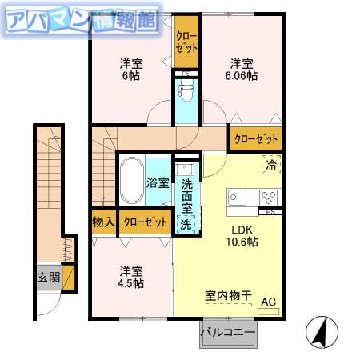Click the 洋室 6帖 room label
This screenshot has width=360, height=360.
pyautogui.click(x=131, y=69)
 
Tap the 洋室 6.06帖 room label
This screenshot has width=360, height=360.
pyautogui.click(x=242, y=69)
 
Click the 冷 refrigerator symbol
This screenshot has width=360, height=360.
pyautogui.click(x=271, y=166)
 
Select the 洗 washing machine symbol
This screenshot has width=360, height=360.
pyautogui.click(x=186, y=225)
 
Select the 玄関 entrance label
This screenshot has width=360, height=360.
pyautogui.click(x=47, y=278)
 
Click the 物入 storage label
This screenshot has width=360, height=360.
pyautogui.click(x=103, y=222)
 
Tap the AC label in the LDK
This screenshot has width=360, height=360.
pyautogui.click(x=269, y=302)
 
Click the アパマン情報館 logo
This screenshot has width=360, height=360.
pyautogui.click(x=80, y=20)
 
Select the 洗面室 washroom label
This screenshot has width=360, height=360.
pyautogui.click(x=186, y=196)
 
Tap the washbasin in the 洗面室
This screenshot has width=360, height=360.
pyautogui.click(x=184, y=170)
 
